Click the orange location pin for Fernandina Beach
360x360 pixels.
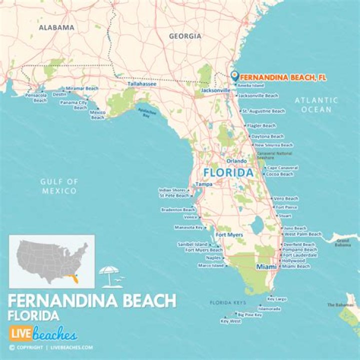234,76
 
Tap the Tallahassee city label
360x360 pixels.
141,84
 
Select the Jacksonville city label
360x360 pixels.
215,90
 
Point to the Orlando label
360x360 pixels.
236,161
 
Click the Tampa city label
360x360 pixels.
203,184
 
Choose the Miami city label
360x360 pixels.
266,267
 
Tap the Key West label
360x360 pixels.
230,321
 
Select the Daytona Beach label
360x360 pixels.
267,136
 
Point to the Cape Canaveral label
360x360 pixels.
282,168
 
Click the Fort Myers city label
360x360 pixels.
229,234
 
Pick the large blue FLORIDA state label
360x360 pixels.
227,173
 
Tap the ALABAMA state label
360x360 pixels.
56,27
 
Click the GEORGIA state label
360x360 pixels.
185,36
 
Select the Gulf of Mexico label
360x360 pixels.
59,186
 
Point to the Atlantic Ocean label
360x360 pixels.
316,104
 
